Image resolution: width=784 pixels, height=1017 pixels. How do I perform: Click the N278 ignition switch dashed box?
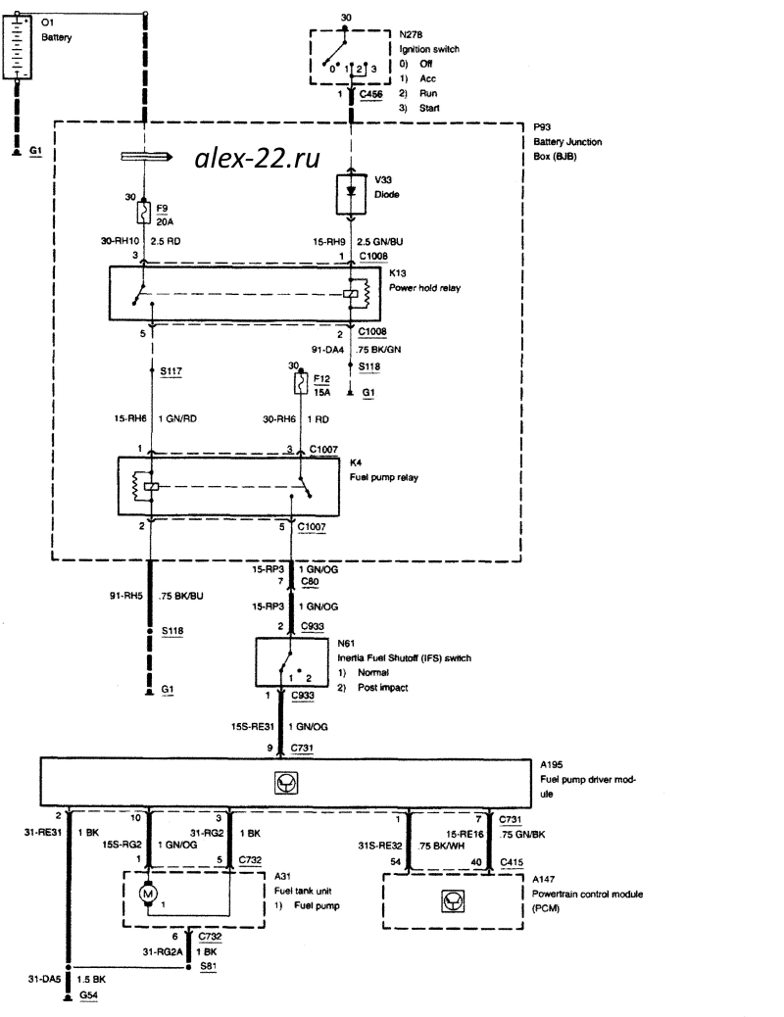pyautogui.click(x=352, y=56)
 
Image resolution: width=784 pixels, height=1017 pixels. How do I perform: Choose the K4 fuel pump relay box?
pyautogui.click(x=227, y=485)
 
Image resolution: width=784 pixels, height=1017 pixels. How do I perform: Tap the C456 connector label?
pyautogui.click(x=372, y=95)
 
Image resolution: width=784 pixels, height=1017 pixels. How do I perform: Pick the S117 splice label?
pyautogui.click(x=171, y=372)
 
